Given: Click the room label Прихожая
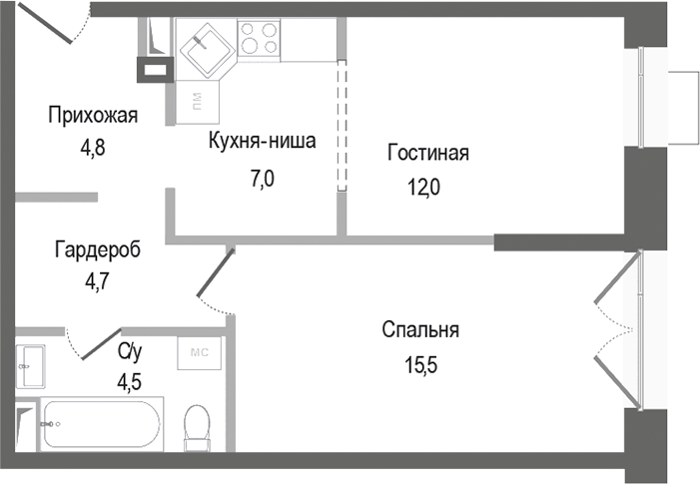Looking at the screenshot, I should click(93, 116).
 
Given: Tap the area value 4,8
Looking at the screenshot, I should click(93, 146).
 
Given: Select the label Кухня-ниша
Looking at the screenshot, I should click(262, 141).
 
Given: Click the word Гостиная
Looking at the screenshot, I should click(427, 154).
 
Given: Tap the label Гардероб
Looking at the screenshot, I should click(98, 250).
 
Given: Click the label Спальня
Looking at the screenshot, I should click(419, 329).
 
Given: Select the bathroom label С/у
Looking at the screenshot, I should click(130, 350).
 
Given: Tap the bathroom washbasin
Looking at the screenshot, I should click(29, 367).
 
